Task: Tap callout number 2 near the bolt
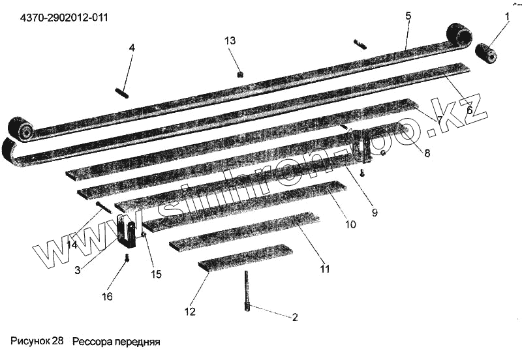click(x=294, y=318)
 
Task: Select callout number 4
click(x=132, y=48)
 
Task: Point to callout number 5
click(x=408, y=15)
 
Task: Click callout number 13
click(x=230, y=40)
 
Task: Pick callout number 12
click(x=190, y=312)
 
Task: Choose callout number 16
click(x=106, y=295)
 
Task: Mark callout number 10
click(x=350, y=224)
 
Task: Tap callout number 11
click(x=324, y=269)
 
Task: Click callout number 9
click(x=375, y=211)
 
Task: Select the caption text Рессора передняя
click(x=116, y=341)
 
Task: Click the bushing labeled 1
click(x=485, y=53)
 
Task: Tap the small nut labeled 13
click(x=240, y=74)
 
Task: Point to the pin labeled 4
click(x=122, y=93)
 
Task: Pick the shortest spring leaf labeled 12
click(x=245, y=257)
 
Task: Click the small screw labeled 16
click(x=127, y=259)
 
